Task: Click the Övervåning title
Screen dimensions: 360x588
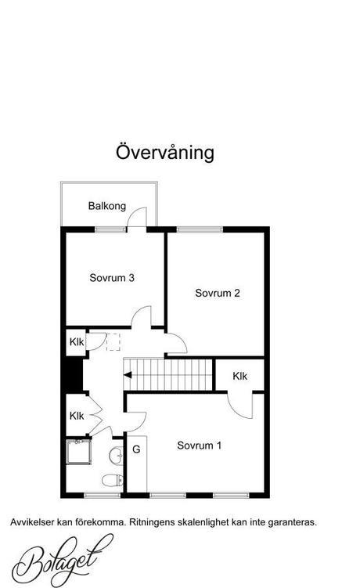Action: [x=165, y=152]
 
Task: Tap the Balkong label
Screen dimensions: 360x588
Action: [x=107, y=206]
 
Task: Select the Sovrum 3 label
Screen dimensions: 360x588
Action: [x=112, y=278]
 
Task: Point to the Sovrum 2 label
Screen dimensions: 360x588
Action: [x=217, y=293]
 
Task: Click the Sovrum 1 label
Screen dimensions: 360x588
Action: [x=199, y=446]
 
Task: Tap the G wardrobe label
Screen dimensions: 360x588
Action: [x=136, y=449]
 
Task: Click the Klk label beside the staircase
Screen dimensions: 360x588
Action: [x=240, y=376]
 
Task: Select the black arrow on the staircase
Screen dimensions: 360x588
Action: [x=128, y=375]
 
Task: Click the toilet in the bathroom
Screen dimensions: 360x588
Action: [x=113, y=480]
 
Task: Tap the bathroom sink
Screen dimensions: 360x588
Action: [x=117, y=456]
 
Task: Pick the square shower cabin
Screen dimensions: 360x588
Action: [x=79, y=452]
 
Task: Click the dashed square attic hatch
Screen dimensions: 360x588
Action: [x=113, y=342]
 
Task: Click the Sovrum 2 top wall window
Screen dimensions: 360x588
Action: [x=200, y=229]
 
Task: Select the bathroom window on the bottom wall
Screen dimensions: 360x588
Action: [x=102, y=496]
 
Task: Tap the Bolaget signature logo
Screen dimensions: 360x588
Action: [x=62, y=561]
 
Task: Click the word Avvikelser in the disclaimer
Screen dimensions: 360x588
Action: [x=33, y=522]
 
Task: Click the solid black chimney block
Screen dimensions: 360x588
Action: [x=74, y=375]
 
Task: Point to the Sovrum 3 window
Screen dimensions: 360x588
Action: [x=110, y=229]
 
